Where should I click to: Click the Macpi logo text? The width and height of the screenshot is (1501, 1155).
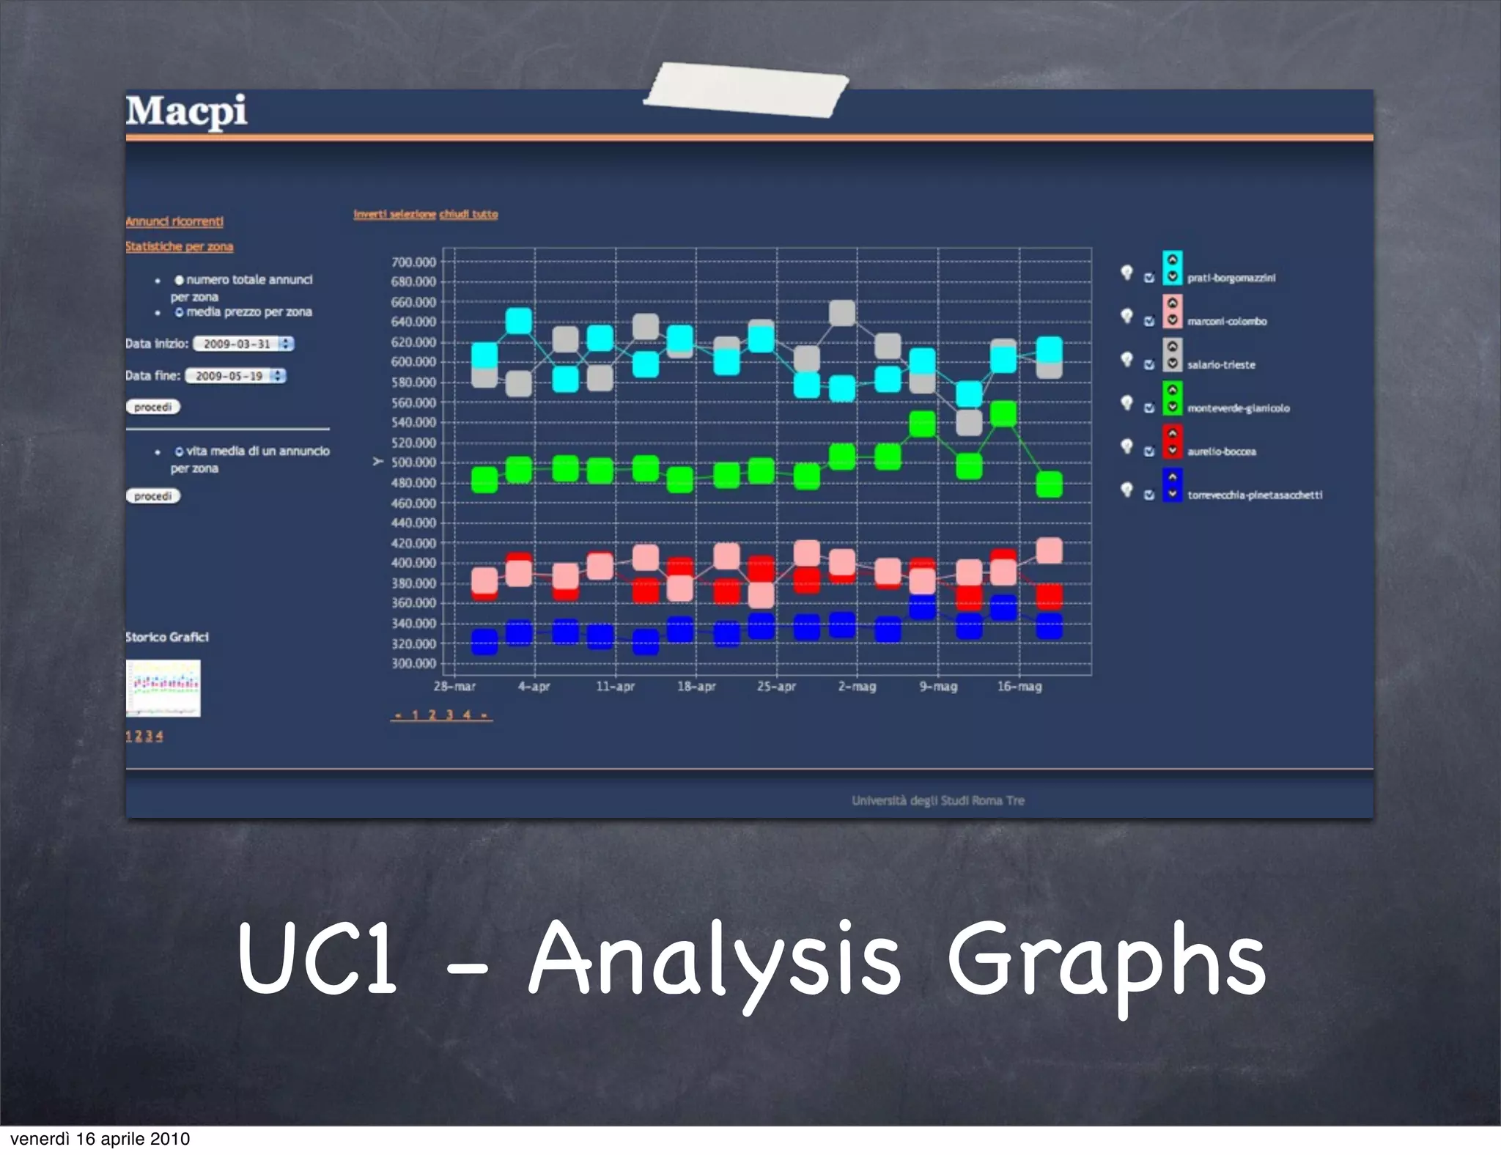pyautogui.click(x=186, y=112)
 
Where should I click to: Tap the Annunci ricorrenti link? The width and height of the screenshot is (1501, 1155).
pyautogui.click(x=174, y=221)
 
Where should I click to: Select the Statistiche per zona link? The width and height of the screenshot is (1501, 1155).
pyautogui.click(x=179, y=246)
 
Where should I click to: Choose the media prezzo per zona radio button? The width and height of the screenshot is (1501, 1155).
pyautogui.click(x=179, y=312)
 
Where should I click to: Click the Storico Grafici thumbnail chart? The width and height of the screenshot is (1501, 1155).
pyautogui.click(x=163, y=688)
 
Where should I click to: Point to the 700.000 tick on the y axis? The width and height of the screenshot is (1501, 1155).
pyautogui.click(x=413, y=262)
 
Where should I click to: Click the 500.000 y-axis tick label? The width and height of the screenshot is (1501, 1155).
pyautogui.click(x=413, y=462)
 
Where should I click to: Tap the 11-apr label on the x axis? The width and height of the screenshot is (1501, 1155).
pyautogui.click(x=615, y=687)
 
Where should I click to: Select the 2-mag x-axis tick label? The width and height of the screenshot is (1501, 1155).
pyautogui.click(x=857, y=687)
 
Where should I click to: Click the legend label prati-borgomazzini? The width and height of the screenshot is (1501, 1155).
pyautogui.click(x=1231, y=278)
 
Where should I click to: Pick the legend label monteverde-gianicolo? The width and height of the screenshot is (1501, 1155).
pyautogui.click(x=1238, y=408)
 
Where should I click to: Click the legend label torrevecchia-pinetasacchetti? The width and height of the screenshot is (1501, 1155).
pyautogui.click(x=1255, y=495)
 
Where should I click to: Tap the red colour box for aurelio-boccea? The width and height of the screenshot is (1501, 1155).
pyautogui.click(x=1172, y=442)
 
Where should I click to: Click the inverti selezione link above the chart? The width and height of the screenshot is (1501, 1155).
pyautogui.click(x=394, y=214)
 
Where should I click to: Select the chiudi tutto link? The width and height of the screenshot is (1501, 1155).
pyautogui.click(x=468, y=214)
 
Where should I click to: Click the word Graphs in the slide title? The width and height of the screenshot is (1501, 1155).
pyautogui.click(x=1106, y=960)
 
